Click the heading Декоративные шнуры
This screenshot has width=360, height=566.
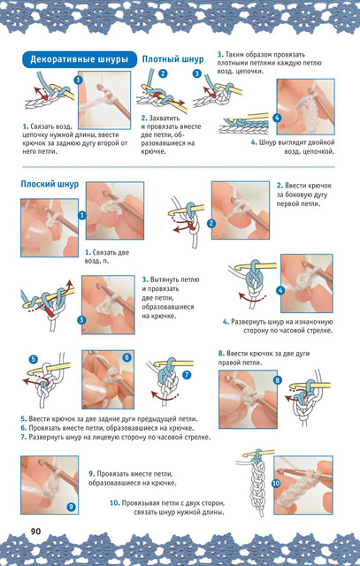point(79,59)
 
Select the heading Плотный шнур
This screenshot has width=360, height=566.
point(172,59)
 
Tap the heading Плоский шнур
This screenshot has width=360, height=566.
point(50,184)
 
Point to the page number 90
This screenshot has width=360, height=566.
point(35,532)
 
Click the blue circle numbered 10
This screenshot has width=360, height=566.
point(276,483)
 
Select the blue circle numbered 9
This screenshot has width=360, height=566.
point(71,507)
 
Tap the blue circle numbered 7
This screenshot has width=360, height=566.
point(187,375)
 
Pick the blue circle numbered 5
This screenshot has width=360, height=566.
point(34,359)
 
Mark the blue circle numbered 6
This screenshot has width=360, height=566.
point(126,357)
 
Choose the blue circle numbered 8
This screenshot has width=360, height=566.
point(278,380)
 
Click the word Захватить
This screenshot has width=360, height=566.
point(165,118)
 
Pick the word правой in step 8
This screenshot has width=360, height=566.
point(229,363)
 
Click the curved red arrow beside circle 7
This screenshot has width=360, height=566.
point(164,395)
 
